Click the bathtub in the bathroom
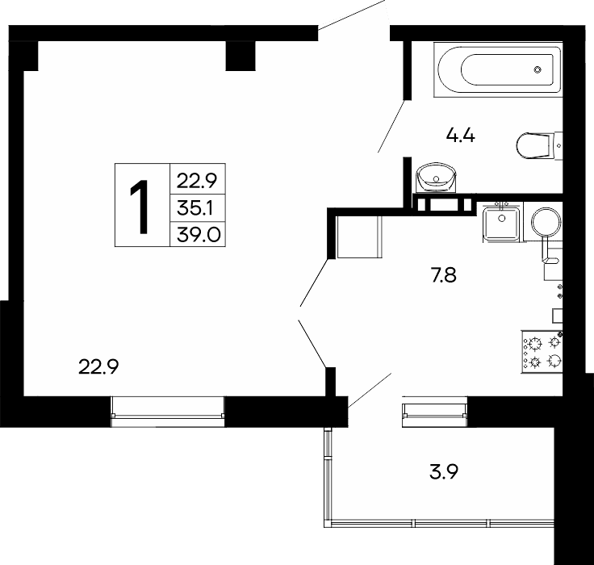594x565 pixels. coord(498,69)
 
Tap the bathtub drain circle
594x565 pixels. coord(538,69)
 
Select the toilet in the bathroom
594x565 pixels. coord(539,145)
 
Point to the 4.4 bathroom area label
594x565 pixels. coord(460,136)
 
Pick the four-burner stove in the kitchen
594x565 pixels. coord(542,353)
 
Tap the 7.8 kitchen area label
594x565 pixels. coord(444,275)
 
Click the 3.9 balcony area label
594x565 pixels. coord(444,472)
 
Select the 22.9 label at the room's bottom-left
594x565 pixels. coord(98,366)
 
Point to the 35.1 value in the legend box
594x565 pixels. coord(195,208)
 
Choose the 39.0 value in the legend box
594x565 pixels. coord(198,235)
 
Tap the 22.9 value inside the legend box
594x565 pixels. coord(197,181)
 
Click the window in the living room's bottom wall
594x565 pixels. coord(168,412)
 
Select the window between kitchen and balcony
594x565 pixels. coord(434,411)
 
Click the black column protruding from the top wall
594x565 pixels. coord(241,56)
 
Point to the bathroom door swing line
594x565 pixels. coord(392,126)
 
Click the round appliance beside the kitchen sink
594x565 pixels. coord(546,221)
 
